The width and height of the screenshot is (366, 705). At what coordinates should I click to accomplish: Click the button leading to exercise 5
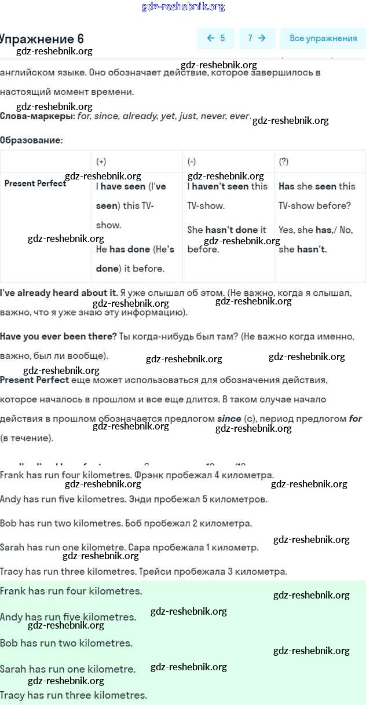coord(215,38)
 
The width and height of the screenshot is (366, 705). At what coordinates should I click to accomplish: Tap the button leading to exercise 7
coord(257,38)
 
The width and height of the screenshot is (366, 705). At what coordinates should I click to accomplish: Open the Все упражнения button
coord(323,38)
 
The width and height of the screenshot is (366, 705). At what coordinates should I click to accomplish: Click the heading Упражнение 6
coord(42,39)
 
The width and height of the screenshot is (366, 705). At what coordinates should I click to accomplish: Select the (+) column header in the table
coord(101,161)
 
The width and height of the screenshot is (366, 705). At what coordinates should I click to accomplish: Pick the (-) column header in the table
coord(192,161)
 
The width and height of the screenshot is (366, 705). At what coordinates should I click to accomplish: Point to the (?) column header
coord(284,161)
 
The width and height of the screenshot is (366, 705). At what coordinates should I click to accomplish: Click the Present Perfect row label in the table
coord(35,183)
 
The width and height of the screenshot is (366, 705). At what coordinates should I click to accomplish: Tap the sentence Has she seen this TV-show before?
coord(317,196)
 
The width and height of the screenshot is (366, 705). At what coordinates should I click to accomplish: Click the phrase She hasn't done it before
coord(226,239)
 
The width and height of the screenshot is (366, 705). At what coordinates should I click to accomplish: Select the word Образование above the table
coord(31,140)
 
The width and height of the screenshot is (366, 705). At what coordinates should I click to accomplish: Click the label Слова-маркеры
coord(37,116)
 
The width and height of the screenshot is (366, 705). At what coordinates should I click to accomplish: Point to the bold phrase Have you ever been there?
coord(58,336)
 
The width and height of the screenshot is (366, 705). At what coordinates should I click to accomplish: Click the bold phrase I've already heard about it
coord(58,293)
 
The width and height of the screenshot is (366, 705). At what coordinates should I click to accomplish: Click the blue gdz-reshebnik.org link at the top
coord(183,7)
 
